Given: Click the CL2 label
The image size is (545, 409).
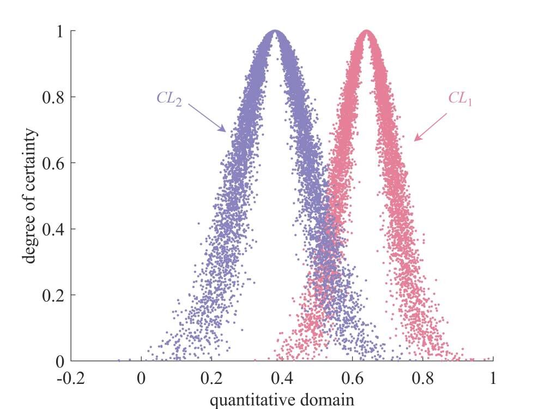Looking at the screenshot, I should pos(169,99).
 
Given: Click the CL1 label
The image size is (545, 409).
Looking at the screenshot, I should pos(459,99).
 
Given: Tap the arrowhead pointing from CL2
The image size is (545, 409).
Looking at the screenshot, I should pos(223,130).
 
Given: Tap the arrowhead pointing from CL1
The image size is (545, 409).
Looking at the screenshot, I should pos(417,139).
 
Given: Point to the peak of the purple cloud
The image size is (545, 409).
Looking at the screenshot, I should pos(275,33).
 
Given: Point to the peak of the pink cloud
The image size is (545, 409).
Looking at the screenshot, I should pos(367,33).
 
